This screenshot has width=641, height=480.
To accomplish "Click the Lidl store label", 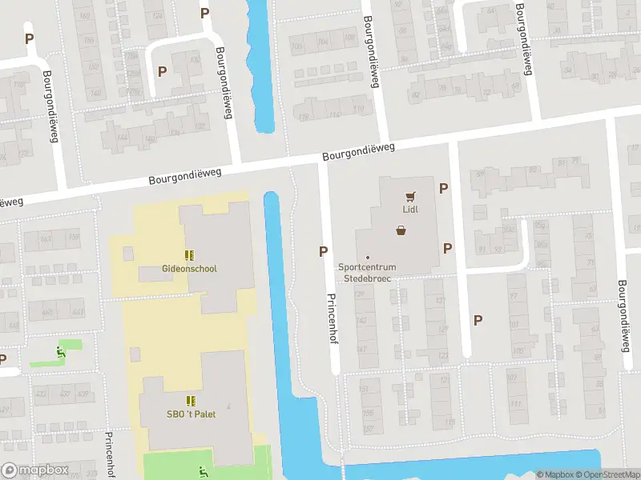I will pos(411,210).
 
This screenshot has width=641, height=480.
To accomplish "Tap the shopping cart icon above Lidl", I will pos(411,194).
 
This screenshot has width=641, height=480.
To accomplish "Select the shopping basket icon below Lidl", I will pos(401,230).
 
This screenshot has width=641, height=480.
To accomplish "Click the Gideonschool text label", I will pos(189,269).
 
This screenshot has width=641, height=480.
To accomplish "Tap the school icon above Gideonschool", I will pos(189,255).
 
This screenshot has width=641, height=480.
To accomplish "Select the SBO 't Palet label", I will pos(191,414).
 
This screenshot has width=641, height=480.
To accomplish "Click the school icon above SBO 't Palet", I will pos(191,400).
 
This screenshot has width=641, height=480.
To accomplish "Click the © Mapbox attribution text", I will pos(554,474).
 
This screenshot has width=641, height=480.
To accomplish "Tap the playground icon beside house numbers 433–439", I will pos(59,350).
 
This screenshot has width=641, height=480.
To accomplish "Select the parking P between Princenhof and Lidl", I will pos(323,251).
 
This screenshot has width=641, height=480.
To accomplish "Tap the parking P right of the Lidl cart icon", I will pos(443,188).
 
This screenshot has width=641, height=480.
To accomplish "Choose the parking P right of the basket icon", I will pos(447,248).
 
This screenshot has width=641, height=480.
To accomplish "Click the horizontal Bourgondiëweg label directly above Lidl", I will pos(360,152).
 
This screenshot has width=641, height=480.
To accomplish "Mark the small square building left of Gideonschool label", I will pos(128,254).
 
